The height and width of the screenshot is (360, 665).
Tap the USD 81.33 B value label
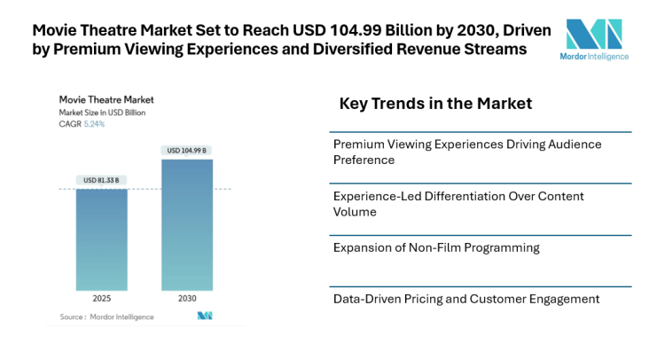101,180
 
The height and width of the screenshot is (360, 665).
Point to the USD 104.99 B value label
186,150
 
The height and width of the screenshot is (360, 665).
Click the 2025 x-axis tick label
101,299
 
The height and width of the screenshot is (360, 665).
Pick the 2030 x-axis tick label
186,299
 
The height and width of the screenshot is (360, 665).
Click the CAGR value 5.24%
94,124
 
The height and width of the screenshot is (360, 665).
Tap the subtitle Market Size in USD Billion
102,113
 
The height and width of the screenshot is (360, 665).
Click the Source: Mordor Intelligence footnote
106,317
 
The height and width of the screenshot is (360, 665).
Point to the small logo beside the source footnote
205,316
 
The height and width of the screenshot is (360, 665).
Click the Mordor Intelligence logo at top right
594,39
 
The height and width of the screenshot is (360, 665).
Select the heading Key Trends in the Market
435,104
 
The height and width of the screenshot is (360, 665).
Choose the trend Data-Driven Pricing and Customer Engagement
465,299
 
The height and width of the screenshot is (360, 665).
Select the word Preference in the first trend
364,160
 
